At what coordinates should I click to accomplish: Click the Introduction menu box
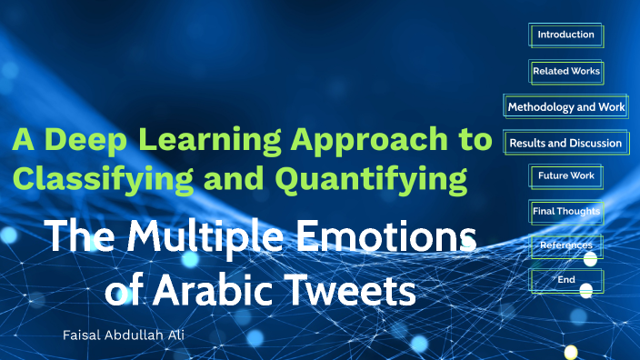point(565,35)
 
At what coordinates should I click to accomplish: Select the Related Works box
point(565,71)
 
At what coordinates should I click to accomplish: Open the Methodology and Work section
point(565,107)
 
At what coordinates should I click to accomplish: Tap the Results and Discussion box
point(565,143)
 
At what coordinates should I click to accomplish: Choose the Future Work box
point(565,175)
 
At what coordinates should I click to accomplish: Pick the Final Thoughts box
point(565,211)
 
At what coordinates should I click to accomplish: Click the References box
point(565,245)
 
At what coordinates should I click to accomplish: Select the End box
point(565,280)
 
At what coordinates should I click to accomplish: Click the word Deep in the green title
point(89,142)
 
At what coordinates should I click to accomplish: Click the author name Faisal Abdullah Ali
point(140,335)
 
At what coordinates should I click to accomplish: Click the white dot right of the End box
point(586,291)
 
